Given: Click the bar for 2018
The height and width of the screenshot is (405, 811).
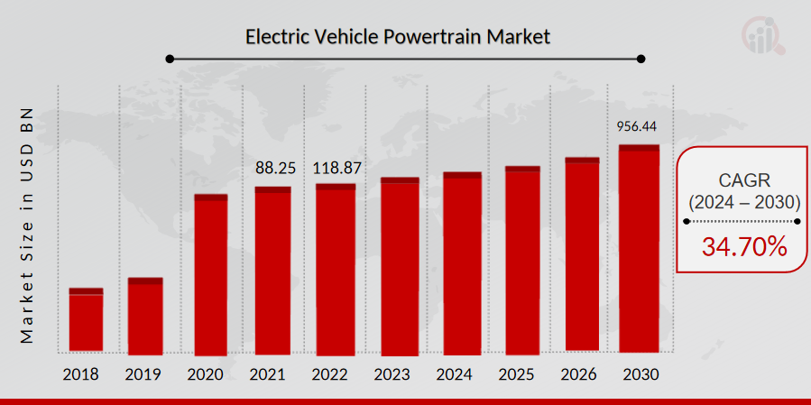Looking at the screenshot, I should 86,320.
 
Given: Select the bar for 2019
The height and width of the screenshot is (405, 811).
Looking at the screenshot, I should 145,316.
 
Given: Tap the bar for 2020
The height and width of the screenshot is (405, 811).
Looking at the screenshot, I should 211,275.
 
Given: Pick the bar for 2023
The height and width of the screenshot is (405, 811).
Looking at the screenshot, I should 400,267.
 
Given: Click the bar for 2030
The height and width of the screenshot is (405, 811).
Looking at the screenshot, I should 639,248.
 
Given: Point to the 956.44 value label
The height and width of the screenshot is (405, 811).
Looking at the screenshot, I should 638,126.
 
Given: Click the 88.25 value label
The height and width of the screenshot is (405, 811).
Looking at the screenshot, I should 273,168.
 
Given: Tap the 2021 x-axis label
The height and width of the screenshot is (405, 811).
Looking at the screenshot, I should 272,373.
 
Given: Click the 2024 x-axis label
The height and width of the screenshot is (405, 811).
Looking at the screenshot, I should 461,373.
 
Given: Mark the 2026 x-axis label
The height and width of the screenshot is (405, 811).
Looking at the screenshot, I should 583,373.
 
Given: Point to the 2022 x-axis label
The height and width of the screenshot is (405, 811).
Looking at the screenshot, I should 335,373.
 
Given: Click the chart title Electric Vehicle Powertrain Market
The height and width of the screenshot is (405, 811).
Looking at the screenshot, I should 398,37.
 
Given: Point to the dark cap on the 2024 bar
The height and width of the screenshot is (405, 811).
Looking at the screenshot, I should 462,175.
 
